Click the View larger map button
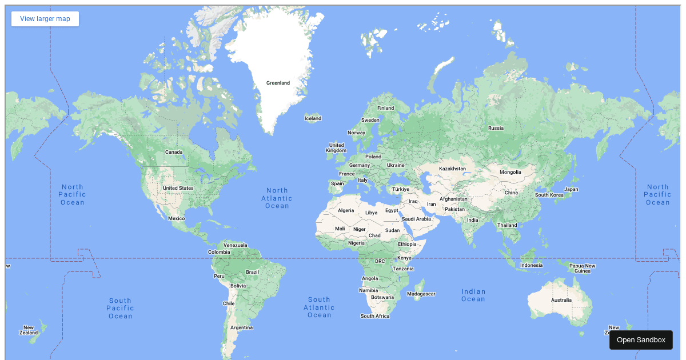pos(45,19)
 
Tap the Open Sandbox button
pos(641,340)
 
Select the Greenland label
pos(278,83)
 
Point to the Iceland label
pos(313,119)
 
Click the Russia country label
pos(496,128)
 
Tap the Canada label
pos(174,152)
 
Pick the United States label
pos(178,188)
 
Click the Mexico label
pos(177,218)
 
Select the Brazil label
pos(252,272)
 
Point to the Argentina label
pos(241,327)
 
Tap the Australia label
pos(561,300)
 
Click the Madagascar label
pos(421,294)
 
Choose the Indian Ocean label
pos(473,295)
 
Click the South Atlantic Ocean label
pos(319,307)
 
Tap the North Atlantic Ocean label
pos(277,198)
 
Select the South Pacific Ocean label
pos(121,309)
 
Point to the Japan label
pos(571,189)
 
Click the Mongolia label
pos(510,172)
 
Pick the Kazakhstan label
pos(452,169)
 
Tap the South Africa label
pos(375,316)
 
